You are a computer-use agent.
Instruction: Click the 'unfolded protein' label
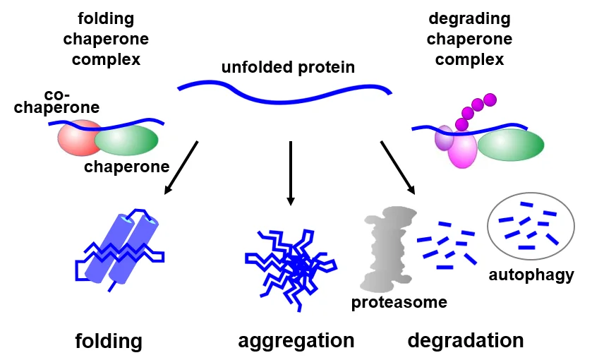click(288, 68)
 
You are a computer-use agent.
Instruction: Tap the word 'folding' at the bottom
click(109, 342)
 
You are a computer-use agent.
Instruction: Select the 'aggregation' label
click(296, 341)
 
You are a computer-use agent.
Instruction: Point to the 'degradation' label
click(466, 341)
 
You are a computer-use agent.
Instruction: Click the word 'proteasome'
click(399, 303)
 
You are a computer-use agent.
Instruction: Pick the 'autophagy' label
click(531, 275)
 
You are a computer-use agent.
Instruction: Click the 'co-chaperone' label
click(56, 102)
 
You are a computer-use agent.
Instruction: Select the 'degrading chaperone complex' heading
click(469, 39)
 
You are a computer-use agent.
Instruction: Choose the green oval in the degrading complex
click(511, 145)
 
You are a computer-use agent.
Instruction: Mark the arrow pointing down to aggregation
click(290, 173)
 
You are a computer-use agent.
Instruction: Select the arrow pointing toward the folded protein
click(181, 167)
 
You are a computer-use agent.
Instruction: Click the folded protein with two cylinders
click(120, 247)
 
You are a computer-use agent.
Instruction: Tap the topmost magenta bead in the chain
click(490, 100)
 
